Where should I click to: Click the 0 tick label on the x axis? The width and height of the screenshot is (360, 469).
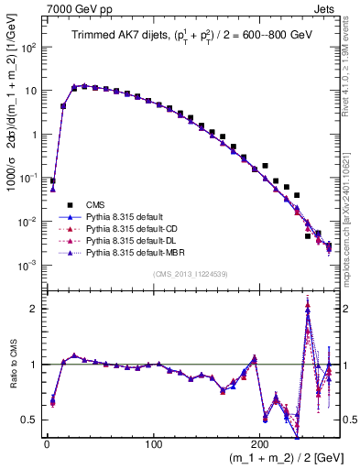tap(47, 446)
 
